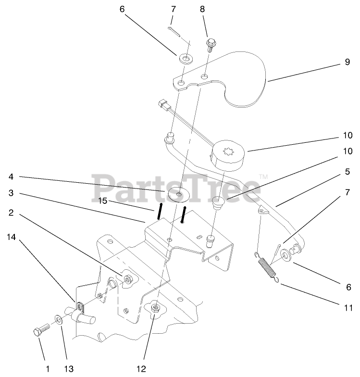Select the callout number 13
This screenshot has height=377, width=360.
coord(68,369)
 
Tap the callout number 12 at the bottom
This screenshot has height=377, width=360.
coord(140,369)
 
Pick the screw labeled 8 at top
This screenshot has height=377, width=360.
coord(211,45)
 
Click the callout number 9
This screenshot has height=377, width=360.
coord(347,62)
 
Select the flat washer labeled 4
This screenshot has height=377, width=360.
coord(178,194)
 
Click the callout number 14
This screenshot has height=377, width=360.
coord(10,237)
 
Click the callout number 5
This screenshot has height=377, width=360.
coord(347,171)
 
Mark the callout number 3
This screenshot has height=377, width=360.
coord(10,193)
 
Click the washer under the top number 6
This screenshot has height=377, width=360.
coord(185,60)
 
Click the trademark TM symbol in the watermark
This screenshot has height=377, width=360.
coord(263,177)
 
